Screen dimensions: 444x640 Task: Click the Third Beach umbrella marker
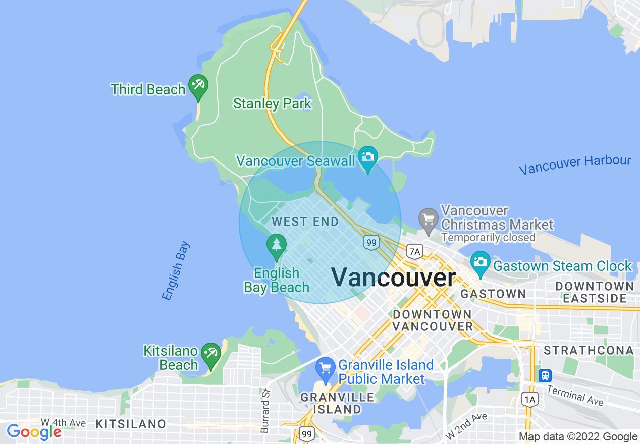tap(198, 86)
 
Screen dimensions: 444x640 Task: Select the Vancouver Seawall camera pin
tap(368, 158)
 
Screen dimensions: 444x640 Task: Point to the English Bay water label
tap(177, 271)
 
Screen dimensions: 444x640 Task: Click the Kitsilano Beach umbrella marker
tap(210, 354)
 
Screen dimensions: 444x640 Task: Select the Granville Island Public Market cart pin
tap(325, 369)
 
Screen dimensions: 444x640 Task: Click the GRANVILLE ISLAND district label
tap(337, 403)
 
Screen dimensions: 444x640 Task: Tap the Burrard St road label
tap(265, 411)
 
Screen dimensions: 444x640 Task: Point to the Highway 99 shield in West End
tap(371, 243)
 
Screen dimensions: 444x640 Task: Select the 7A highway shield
tap(415, 251)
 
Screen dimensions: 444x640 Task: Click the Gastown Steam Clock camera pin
tap(480, 262)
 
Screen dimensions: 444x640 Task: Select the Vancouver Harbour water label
tap(575, 164)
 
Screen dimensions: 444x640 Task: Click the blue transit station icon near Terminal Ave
tap(545, 376)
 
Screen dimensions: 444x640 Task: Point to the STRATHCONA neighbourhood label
tap(589, 350)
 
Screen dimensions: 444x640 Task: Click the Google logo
tap(33, 432)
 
